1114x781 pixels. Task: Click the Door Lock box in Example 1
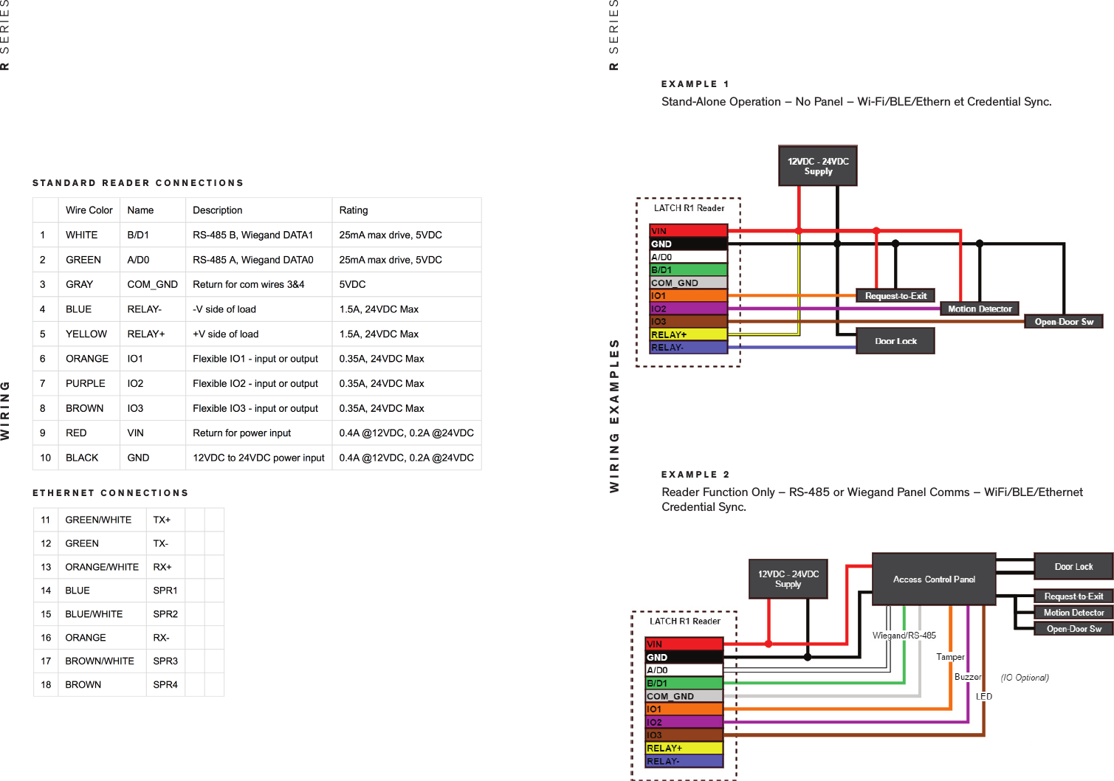tap(895, 341)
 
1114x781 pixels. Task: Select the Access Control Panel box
tap(934, 579)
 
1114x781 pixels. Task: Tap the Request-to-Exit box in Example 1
tap(895, 296)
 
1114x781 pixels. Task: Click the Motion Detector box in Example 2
tap(1073, 613)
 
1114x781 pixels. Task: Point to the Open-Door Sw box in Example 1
tap(1063, 322)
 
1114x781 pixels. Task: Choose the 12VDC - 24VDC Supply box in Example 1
tap(818, 166)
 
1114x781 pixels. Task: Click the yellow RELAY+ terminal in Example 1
tap(688, 334)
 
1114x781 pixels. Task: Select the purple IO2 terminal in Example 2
tap(684, 722)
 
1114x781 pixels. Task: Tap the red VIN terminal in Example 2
tap(684, 644)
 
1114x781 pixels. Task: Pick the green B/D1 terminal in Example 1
tap(688, 270)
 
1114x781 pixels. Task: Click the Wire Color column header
tap(89, 210)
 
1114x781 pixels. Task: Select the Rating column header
tap(353, 210)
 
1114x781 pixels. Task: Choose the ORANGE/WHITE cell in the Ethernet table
tap(102, 567)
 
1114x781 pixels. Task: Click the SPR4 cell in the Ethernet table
tap(165, 684)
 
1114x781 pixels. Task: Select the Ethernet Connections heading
tap(111, 493)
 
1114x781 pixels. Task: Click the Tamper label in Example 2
tap(950, 657)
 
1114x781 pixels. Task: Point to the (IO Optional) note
tap(1024, 678)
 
